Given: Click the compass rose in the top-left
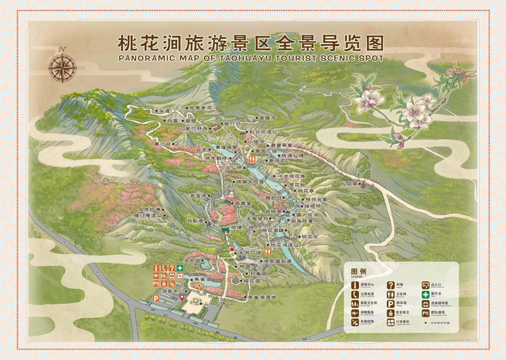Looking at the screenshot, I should click(x=63, y=67).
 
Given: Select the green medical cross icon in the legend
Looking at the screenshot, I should click(x=425, y=294).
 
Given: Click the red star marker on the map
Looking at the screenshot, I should click(x=231, y=250).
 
